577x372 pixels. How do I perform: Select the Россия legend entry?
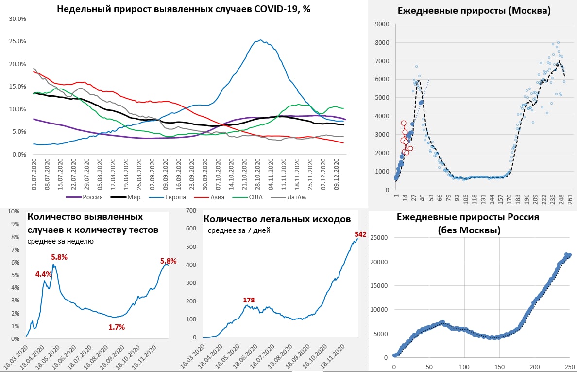[93, 197]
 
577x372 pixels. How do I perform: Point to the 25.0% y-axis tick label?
[17, 41]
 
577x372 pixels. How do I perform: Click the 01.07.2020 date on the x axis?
[34, 176]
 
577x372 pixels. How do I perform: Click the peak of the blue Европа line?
[261, 40]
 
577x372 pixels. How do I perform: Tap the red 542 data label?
[360, 234]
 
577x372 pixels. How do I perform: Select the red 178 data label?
[249, 300]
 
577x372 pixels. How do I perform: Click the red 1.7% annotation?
[117, 327]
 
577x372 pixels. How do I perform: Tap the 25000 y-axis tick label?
[380, 237]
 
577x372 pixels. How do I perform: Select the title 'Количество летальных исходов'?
[277, 219]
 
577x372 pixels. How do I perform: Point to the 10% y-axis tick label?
[13, 212]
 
